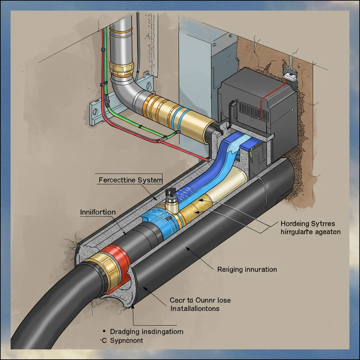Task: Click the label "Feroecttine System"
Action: pos(130,180)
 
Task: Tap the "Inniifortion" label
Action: pos(98,212)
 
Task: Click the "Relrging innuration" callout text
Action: pos(247,269)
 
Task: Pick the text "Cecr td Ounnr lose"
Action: pos(200,300)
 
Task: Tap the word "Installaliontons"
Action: pos(195,309)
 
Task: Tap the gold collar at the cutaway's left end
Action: pos(99,271)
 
